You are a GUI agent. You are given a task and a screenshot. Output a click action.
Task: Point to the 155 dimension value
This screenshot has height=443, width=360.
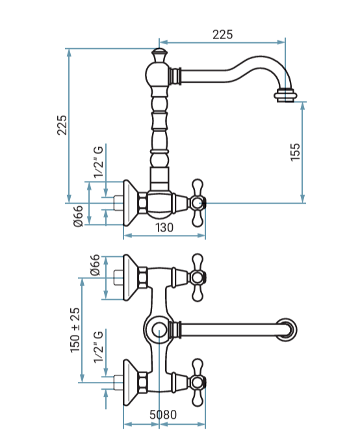pyautogui.click(x=295, y=153)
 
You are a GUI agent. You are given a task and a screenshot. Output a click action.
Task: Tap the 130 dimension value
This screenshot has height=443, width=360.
pyautogui.click(x=164, y=228)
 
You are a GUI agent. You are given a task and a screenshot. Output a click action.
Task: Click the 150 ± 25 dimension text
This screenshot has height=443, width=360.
pyautogui.click(x=75, y=330)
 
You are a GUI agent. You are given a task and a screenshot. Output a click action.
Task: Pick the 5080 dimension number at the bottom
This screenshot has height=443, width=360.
pyautogui.click(x=163, y=415)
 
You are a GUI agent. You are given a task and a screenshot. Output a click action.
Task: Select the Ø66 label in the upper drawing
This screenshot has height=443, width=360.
pyautogui.click(x=78, y=216)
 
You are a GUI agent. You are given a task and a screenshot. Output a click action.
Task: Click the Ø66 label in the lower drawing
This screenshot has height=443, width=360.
pyautogui.click(x=95, y=265)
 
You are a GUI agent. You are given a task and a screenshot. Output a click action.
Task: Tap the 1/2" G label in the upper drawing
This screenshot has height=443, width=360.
pyautogui.click(x=99, y=162)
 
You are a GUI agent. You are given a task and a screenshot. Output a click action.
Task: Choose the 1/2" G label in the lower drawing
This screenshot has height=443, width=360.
pyautogui.click(x=99, y=347)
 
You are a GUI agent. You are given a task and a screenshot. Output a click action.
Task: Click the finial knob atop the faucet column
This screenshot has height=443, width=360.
pyautogui.click(x=159, y=55)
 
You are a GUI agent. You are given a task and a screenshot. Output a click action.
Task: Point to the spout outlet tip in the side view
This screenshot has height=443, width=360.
pyautogui.click(x=285, y=95)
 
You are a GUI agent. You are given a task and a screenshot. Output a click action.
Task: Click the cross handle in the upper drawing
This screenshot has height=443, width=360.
pyautogui.click(x=198, y=203)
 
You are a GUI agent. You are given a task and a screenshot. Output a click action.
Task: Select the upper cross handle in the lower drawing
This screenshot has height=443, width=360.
pyautogui.click(x=198, y=277)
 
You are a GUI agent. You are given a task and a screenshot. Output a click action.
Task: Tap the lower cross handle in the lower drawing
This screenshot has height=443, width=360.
pyautogui.click(x=198, y=383)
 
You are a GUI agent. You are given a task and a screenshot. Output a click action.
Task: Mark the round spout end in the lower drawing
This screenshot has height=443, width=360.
pyautogui.click(x=286, y=329)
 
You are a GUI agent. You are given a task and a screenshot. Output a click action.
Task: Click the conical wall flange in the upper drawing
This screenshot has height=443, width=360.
pyautogui.click(x=131, y=203)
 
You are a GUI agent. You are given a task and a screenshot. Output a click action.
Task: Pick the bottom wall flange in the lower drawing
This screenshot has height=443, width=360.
pyautogui.click(x=131, y=383)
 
